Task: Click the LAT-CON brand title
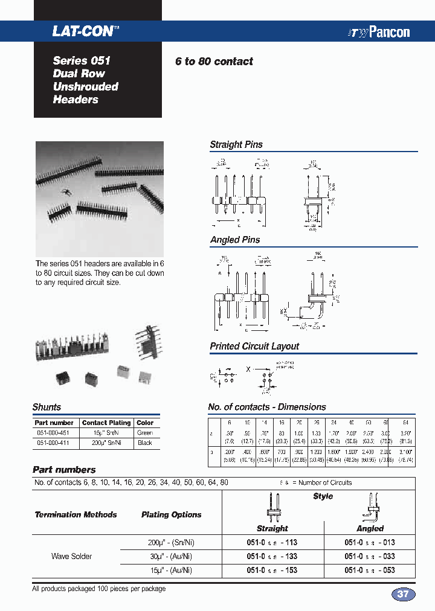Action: point(83,31)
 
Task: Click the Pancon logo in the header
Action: point(379,33)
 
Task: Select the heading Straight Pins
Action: point(236,144)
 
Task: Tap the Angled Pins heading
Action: point(235,240)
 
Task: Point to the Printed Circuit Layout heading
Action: point(254,346)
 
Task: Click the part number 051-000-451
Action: point(54,433)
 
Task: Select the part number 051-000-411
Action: point(54,443)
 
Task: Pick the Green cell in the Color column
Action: point(145,433)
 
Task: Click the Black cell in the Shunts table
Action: point(145,443)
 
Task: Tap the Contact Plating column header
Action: point(106,423)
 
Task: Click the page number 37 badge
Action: point(403,594)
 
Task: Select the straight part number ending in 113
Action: point(272,542)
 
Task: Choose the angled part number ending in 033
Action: point(370,556)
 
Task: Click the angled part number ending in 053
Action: point(370,570)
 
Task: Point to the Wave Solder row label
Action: point(71,556)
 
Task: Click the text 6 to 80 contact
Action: point(214,62)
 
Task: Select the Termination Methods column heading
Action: point(76,515)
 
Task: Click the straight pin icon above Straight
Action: point(272,506)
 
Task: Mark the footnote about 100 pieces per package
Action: point(98,589)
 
